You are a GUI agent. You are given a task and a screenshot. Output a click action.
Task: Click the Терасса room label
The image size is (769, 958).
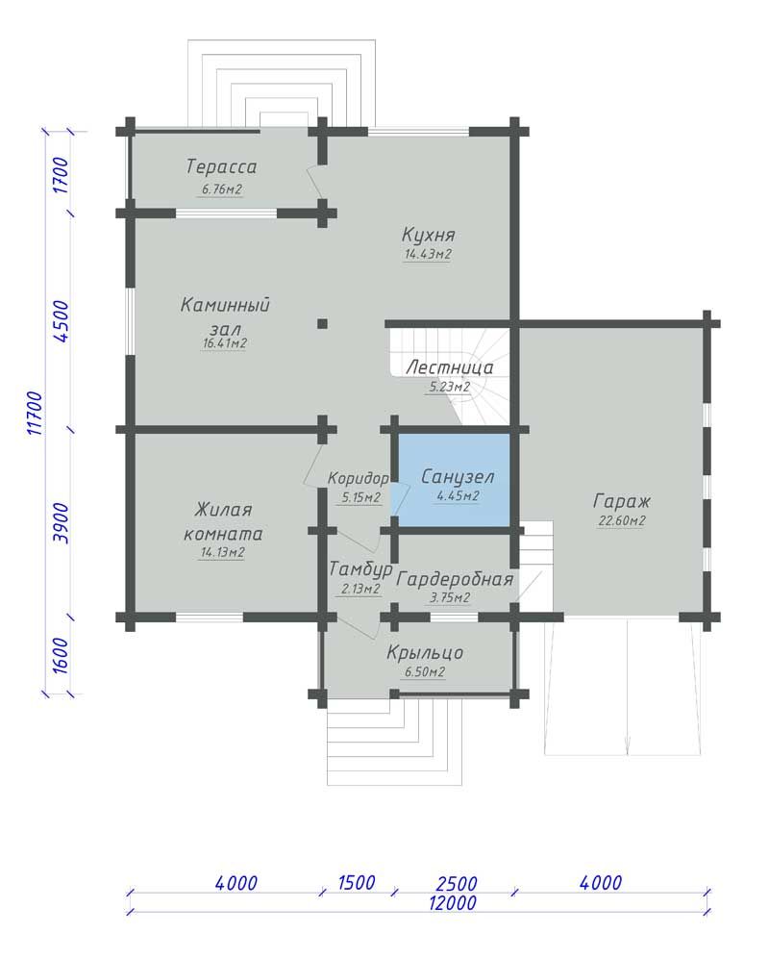click(x=221, y=166)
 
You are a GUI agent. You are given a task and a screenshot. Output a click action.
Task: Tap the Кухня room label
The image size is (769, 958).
click(x=428, y=235)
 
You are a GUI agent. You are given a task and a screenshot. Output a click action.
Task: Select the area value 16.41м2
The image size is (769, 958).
click(x=225, y=343)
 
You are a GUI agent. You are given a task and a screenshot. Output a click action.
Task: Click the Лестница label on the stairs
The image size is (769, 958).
click(x=450, y=367)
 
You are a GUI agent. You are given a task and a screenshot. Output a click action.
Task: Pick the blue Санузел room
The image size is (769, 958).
click(x=454, y=480)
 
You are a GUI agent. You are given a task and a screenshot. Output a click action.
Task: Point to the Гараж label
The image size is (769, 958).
click(x=622, y=502)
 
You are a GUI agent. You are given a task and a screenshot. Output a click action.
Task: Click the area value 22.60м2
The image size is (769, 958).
click(x=622, y=521)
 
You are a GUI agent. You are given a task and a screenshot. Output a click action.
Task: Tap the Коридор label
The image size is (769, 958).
click(x=358, y=478)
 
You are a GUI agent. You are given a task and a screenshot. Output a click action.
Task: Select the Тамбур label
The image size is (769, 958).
click(x=360, y=570)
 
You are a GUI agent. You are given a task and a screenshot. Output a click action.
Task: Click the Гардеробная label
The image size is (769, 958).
click(x=455, y=579)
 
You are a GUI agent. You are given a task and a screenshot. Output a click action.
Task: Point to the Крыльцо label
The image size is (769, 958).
click(x=425, y=653)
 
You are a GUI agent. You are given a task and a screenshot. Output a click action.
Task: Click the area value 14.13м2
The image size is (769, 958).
click(x=223, y=553)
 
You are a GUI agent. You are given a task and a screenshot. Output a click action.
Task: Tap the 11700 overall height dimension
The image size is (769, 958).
click(x=36, y=414)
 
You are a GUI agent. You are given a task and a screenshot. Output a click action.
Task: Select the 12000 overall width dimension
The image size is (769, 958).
click(x=453, y=902)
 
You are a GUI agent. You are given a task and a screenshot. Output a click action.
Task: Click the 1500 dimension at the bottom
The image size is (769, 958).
click(x=356, y=882)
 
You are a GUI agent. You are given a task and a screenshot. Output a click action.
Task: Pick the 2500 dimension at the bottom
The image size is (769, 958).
click(x=457, y=884)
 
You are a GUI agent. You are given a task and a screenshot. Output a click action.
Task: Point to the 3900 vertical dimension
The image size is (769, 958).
click(x=62, y=523)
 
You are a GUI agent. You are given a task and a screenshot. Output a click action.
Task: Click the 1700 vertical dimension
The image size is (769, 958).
click(x=62, y=175)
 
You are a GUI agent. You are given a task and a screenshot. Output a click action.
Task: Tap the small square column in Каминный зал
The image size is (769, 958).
click(x=322, y=324)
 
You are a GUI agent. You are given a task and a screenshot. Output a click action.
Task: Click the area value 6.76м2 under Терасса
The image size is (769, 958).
click(x=222, y=189)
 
